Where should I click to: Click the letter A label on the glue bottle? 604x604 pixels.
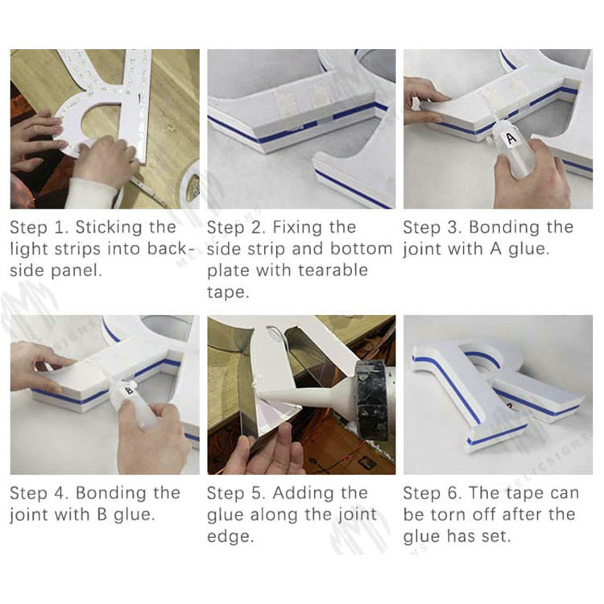coord(511,139)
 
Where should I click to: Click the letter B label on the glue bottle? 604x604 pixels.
coord(130,391)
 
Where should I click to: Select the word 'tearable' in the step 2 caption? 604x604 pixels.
coord(333,270)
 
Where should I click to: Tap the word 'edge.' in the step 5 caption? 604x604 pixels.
coord(230,537)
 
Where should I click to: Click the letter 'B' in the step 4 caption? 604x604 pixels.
coord(102,515)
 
